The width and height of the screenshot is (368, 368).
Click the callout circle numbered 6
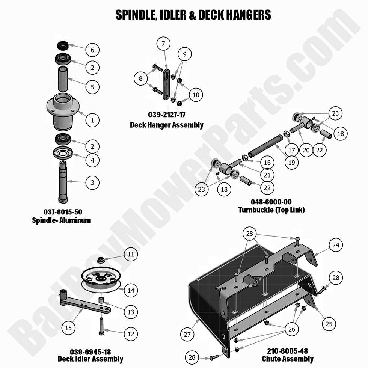(92, 50)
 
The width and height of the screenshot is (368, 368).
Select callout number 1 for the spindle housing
(92, 120)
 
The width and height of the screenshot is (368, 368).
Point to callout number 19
(291, 163)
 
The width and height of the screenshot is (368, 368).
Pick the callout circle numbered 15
(68, 328)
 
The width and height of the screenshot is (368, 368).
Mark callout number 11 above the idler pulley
(130, 255)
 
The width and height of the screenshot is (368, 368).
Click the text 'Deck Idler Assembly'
(90, 359)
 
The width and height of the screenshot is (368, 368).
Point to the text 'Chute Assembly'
(288, 359)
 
